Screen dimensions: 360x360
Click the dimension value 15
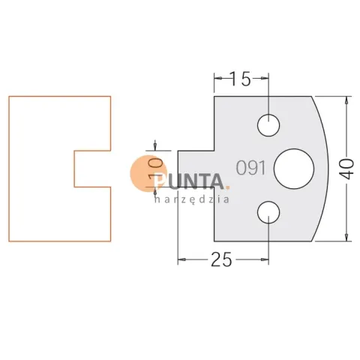coord(239,79)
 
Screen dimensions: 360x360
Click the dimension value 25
coord(221,259)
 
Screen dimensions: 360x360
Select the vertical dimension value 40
coord(347,169)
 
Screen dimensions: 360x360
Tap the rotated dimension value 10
coord(155,169)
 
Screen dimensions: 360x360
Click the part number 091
coord(250,168)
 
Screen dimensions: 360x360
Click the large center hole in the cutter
coord(294,169)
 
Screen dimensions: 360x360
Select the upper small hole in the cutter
coord(268,125)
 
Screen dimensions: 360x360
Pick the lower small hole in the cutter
coord(268,212)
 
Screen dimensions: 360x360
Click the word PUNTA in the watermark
coord(189,181)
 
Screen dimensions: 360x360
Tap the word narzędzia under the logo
coord(192,199)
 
